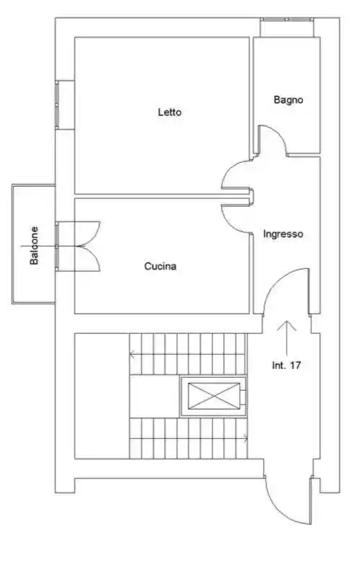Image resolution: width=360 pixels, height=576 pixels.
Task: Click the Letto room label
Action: pos(170,112)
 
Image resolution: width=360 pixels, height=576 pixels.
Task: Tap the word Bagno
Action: pos(289,100)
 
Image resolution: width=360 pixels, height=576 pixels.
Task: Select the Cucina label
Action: pos(160,266)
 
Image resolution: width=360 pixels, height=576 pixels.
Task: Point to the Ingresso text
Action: pos(283,234)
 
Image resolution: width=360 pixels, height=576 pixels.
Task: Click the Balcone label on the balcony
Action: pos(34,245)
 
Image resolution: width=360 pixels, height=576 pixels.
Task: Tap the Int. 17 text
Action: pos(286,365)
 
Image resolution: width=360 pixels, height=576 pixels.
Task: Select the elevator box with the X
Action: pos(214,396)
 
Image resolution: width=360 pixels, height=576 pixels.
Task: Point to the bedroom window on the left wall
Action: pos(57,105)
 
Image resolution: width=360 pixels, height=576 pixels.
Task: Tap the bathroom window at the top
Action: pos(287,19)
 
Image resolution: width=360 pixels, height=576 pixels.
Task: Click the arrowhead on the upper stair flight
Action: pos(131,355)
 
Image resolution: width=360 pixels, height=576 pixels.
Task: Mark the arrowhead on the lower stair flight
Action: pos(245,438)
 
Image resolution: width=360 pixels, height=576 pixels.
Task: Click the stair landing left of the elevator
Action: pos(154,396)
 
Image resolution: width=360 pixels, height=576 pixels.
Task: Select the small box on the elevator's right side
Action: pos(243,396)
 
